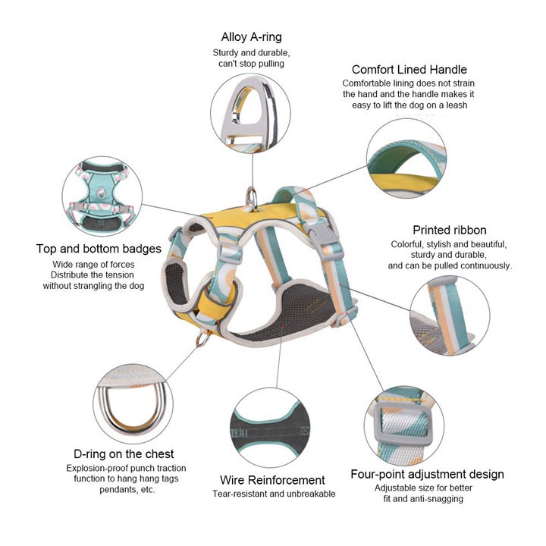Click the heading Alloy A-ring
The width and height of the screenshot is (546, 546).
251,37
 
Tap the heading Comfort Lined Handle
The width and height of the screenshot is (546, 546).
409,69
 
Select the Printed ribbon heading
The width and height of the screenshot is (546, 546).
449,230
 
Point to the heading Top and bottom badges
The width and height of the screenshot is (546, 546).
99,249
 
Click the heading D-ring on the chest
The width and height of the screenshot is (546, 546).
124,454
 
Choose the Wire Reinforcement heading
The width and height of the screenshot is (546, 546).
272,480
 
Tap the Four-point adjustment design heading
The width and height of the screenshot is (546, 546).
427,474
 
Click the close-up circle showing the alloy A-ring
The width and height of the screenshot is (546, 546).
250,112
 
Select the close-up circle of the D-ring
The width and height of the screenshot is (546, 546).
133,404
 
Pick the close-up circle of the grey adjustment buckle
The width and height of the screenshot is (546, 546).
404,425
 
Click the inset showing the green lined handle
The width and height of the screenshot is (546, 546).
406,158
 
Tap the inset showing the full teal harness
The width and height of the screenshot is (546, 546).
102,196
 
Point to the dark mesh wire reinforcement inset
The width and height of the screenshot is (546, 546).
270,428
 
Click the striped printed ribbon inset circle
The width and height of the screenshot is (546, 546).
450,315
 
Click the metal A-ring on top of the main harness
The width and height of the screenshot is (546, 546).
252,199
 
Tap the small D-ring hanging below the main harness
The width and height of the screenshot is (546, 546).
203,338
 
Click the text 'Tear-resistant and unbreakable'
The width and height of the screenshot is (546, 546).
274,494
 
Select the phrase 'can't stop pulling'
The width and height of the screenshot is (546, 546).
251,64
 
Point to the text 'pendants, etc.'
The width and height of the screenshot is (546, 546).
127,490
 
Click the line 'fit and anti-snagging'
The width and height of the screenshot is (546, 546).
423,499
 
